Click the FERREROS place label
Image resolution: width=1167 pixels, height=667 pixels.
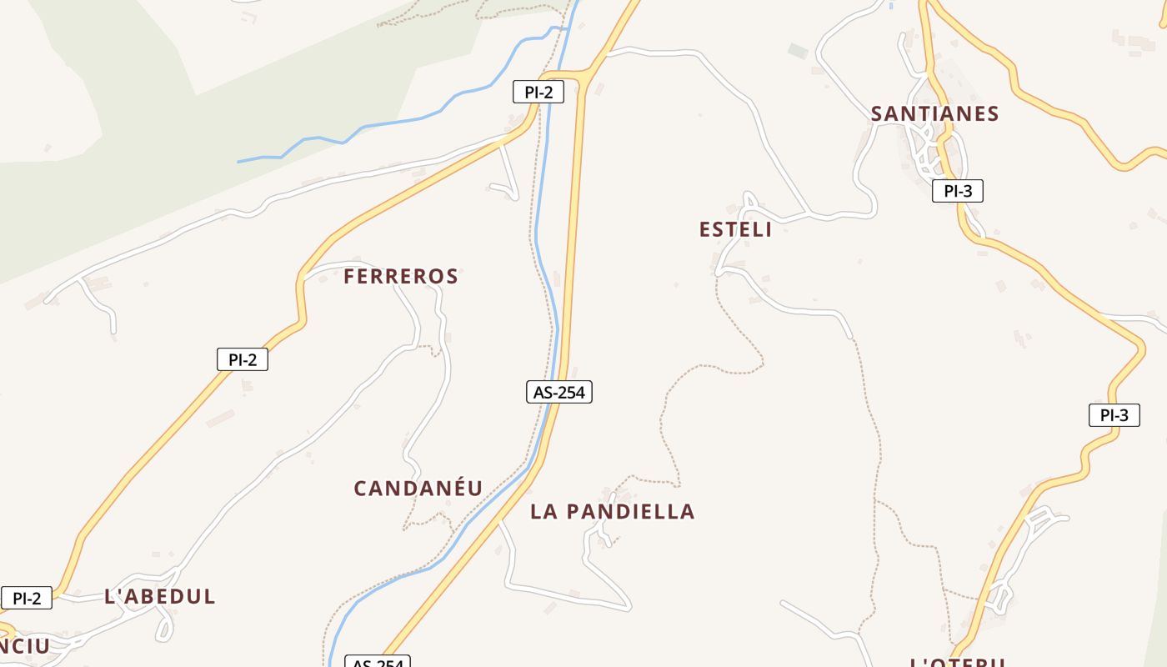401,276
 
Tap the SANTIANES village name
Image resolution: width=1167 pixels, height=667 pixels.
934,113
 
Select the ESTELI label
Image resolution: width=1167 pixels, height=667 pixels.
735,229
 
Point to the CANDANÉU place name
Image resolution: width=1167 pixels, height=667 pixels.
418,489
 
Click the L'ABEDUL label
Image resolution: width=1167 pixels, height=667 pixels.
160,596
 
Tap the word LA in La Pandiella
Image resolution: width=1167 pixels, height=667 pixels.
544,512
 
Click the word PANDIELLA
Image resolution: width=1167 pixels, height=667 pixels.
630,512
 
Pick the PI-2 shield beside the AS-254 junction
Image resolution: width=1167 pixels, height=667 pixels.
538,92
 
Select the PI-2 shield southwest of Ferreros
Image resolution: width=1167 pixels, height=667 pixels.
242,359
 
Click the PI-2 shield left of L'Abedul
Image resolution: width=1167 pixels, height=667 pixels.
27,598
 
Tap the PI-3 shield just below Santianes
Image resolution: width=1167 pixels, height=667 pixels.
958,191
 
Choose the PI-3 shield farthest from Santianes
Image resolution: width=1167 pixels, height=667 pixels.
1114,414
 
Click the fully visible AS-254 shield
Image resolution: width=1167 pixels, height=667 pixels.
558,391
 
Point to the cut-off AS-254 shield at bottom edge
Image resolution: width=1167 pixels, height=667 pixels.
378,662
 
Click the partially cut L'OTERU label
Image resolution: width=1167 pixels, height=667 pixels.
958,662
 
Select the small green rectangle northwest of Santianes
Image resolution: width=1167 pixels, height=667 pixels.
799,51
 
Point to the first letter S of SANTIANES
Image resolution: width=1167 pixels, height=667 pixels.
877,113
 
